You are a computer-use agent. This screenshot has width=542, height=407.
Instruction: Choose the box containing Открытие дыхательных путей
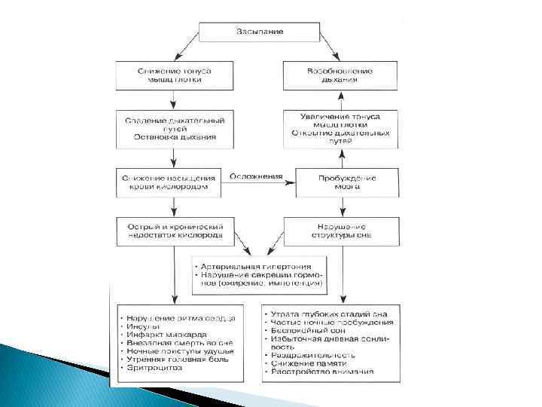pyautogui.click(x=340, y=128)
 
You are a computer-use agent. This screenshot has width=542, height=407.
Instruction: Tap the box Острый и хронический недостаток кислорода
pyautogui.click(x=175, y=230)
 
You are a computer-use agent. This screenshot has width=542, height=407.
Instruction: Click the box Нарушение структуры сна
pyautogui.click(x=340, y=230)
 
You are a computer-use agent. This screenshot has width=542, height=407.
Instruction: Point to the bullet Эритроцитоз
pyautogui.click(x=155, y=368)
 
